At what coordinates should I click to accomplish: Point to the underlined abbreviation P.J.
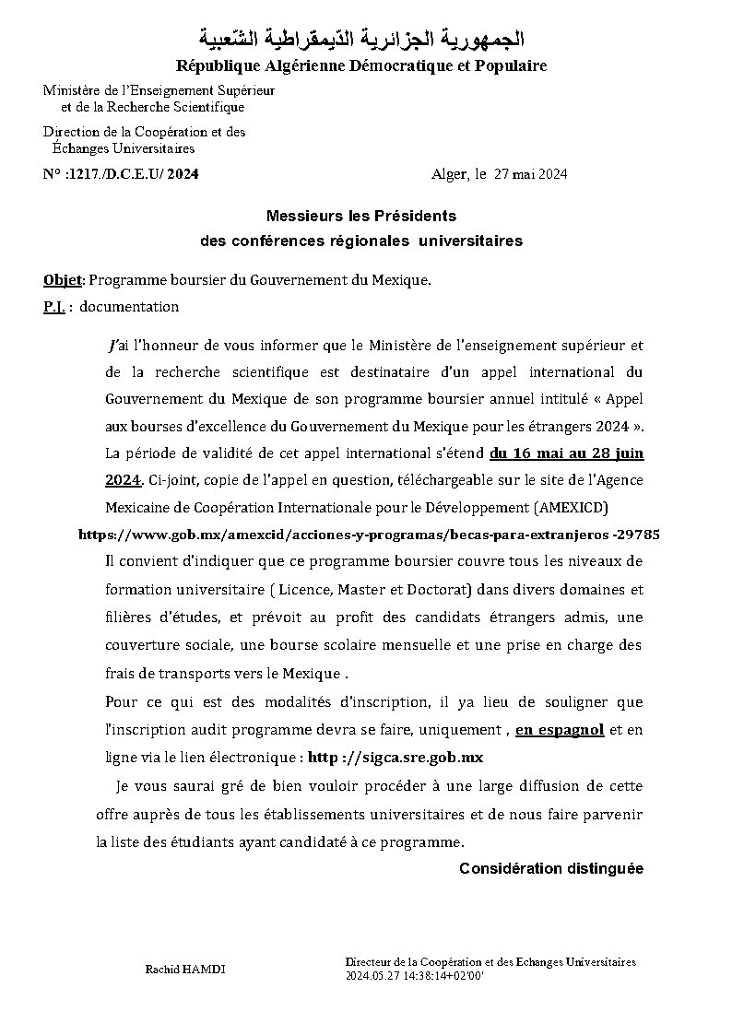point(53,307)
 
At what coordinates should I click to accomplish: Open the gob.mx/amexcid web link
point(369,535)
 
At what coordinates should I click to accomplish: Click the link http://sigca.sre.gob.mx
point(395,757)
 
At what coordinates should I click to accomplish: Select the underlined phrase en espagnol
point(560,730)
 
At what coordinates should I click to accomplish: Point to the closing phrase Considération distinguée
point(550,869)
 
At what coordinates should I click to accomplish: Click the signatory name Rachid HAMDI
point(185,970)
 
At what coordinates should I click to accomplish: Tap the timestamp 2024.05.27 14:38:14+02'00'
point(415,974)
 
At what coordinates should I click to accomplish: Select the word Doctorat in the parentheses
point(437,589)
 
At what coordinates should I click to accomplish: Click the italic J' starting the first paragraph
point(112,347)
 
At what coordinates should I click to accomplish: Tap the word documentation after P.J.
point(129,307)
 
